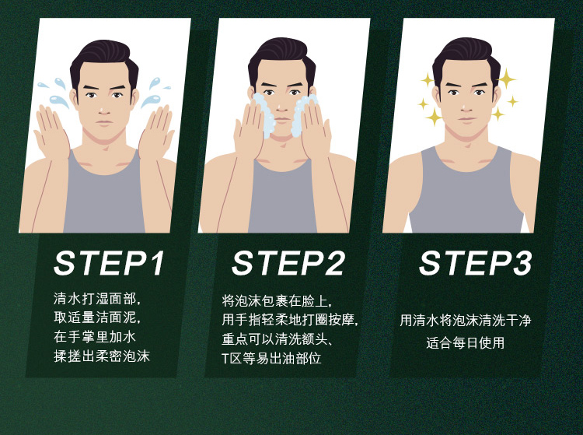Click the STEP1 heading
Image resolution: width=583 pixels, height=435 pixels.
(109, 263)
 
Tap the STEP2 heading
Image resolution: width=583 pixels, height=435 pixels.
(288, 263)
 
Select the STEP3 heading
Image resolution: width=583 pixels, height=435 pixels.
(476, 263)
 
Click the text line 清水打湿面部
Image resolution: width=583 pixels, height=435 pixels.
(97, 299)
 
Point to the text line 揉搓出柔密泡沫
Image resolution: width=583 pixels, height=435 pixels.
(102, 356)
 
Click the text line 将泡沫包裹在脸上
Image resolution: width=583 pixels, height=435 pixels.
(277, 300)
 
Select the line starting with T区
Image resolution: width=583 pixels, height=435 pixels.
(271, 358)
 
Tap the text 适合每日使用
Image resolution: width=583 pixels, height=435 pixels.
(465, 342)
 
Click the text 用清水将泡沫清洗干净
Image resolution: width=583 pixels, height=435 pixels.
(465, 320)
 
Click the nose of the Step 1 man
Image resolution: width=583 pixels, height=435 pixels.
(104, 108)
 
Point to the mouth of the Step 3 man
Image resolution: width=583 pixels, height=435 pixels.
(466, 120)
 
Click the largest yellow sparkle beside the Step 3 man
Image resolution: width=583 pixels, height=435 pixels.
(506, 79)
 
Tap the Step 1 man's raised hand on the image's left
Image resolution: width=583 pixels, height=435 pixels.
(51, 132)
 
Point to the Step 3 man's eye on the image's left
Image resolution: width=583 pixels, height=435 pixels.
(453, 93)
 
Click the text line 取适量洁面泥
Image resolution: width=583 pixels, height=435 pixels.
(97, 317)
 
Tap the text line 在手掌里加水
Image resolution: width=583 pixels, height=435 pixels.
(94, 337)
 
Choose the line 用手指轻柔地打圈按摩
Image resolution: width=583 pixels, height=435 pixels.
(290, 320)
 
